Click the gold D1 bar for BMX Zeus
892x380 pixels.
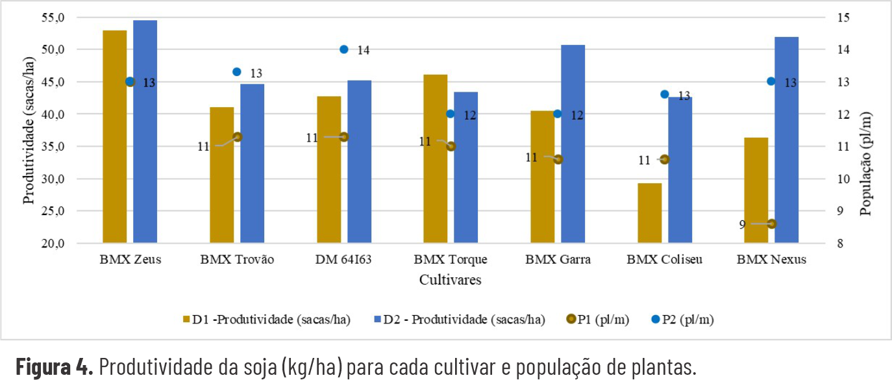pos(115,136)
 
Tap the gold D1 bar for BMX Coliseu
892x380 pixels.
pos(649,213)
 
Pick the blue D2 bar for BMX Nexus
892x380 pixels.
pos(787,140)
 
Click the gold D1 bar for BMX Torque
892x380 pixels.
pos(436,159)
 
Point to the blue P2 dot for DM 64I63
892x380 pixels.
pos(344,49)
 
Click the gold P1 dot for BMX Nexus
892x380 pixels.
pos(771,223)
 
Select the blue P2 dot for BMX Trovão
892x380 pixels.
pos(237,71)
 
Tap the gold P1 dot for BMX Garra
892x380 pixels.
pos(558,159)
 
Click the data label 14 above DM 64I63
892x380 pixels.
pos(363,50)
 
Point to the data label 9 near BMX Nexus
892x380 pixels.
pos(741,224)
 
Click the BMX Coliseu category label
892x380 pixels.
pos(664,260)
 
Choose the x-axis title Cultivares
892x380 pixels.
pos(450,280)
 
